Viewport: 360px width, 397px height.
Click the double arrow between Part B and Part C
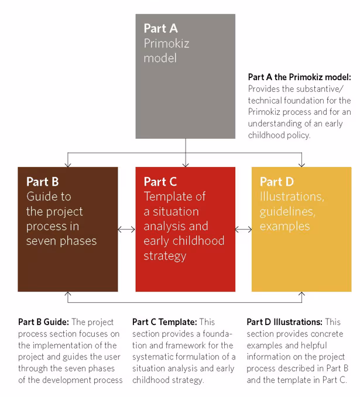[x=126, y=230]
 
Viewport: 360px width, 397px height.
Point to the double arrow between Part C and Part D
[x=244, y=230]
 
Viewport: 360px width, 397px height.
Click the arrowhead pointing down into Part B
[x=68, y=164]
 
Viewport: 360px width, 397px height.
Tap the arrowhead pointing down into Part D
[x=301, y=164]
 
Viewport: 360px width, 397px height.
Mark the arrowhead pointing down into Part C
[x=185, y=164]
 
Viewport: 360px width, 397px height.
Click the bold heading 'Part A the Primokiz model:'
[x=299, y=77]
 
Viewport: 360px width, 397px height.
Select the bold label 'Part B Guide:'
[x=43, y=322]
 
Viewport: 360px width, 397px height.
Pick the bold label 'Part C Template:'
[x=164, y=322]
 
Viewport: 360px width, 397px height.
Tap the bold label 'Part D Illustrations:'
[x=284, y=322]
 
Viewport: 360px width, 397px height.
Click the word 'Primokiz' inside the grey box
[x=166, y=43]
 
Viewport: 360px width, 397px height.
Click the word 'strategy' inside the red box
[x=164, y=256]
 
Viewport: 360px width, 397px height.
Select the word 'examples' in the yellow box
[x=284, y=226]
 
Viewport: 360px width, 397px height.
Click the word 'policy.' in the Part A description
[x=297, y=135]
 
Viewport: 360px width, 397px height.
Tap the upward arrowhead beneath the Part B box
[x=68, y=295]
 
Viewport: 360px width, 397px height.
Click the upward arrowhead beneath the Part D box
[x=301, y=295]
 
